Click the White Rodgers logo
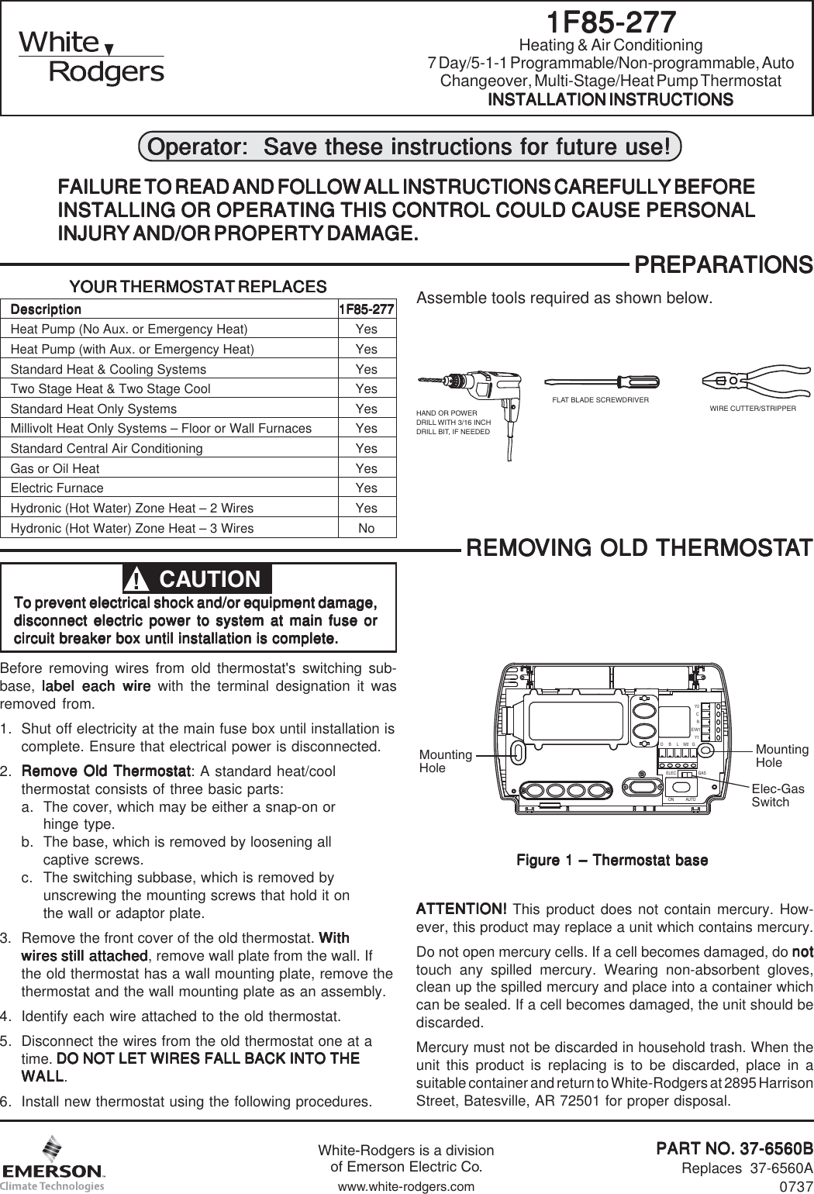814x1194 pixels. [x=91, y=57]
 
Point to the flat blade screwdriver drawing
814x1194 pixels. [x=601, y=381]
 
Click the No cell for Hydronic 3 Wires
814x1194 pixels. [x=366, y=528]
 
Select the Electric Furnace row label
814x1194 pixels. [x=57, y=488]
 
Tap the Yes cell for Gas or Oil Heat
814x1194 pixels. [x=366, y=468]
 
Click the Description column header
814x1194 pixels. [x=46, y=309]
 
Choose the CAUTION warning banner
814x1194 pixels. [x=198, y=579]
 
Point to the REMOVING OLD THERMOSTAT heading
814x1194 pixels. [x=638, y=548]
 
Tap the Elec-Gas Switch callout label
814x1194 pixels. [x=778, y=795]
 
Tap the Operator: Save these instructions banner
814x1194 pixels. [x=409, y=147]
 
